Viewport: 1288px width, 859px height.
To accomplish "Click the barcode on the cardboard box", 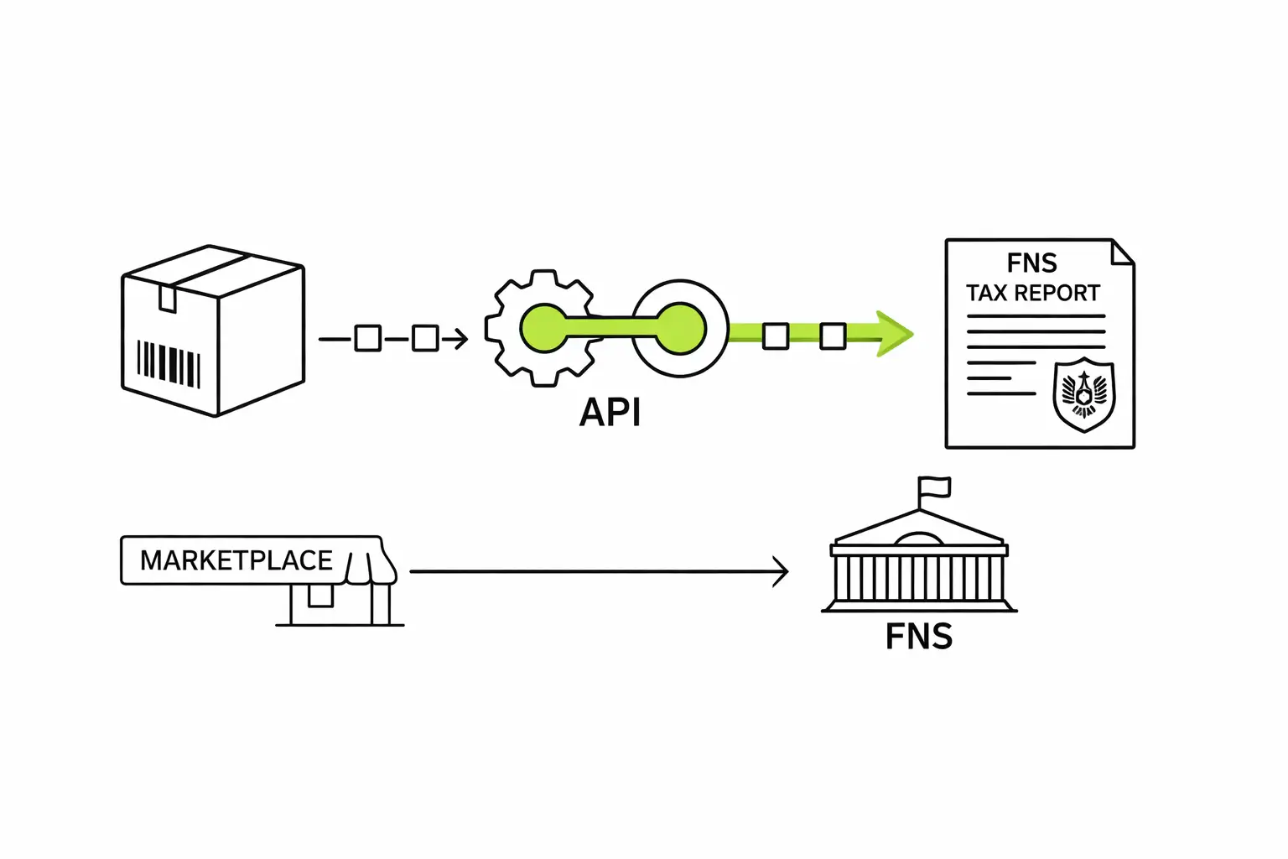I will (x=169, y=364).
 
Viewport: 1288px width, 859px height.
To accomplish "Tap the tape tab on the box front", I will (x=168, y=298).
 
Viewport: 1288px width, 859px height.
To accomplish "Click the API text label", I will (x=610, y=413).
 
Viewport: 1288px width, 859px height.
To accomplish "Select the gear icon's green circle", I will (x=543, y=328).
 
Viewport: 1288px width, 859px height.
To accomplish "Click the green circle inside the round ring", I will (x=679, y=329).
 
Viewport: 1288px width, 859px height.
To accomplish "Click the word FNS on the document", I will (x=1031, y=263).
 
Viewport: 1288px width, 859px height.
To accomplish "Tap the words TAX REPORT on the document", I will (x=1032, y=294).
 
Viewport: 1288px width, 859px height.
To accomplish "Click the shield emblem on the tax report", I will (x=1083, y=394).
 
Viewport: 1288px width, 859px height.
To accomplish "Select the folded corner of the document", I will (x=1122, y=252).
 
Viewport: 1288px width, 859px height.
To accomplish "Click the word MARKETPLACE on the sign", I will (x=236, y=560).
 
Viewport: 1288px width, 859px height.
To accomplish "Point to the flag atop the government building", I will (x=933, y=487).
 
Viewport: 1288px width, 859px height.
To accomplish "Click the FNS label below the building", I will (x=919, y=637).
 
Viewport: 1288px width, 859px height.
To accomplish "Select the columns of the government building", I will (x=919, y=578).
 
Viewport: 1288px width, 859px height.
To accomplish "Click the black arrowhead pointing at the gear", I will (x=458, y=339).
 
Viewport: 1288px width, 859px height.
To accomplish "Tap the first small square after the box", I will (x=367, y=339).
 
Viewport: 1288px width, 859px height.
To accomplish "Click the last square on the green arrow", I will (x=832, y=336).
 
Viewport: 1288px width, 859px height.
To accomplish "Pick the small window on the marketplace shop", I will (x=320, y=596).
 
